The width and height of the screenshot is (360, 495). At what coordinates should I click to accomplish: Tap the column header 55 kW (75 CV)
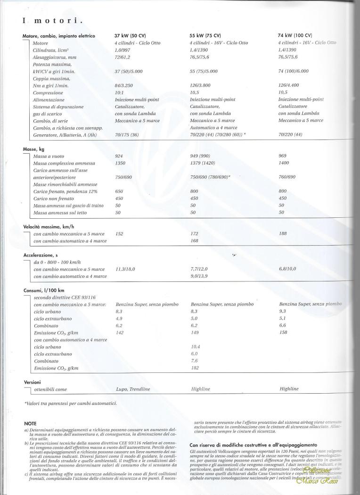[205, 36]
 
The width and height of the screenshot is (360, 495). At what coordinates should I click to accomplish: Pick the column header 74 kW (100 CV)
[295, 35]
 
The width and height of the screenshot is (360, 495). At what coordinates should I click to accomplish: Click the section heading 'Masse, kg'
[33, 149]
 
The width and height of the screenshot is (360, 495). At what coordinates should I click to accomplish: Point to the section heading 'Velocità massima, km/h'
[49, 226]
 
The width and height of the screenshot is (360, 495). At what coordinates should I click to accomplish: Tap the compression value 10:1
[120, 92]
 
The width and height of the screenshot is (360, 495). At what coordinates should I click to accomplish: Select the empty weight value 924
[119, 156]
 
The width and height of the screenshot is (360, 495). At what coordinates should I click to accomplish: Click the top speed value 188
[283, 233]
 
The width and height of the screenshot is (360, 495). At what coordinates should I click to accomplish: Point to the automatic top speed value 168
[194, 241]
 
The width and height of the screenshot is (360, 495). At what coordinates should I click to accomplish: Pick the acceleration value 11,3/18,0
[125, 269]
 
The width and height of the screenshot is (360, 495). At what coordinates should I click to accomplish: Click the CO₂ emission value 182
[195, 367]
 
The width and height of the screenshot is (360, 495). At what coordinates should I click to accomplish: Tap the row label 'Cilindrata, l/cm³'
[51, 50]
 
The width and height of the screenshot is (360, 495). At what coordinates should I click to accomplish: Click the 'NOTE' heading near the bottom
[30, 424]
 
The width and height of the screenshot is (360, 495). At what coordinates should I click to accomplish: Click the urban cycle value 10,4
[196, 346]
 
